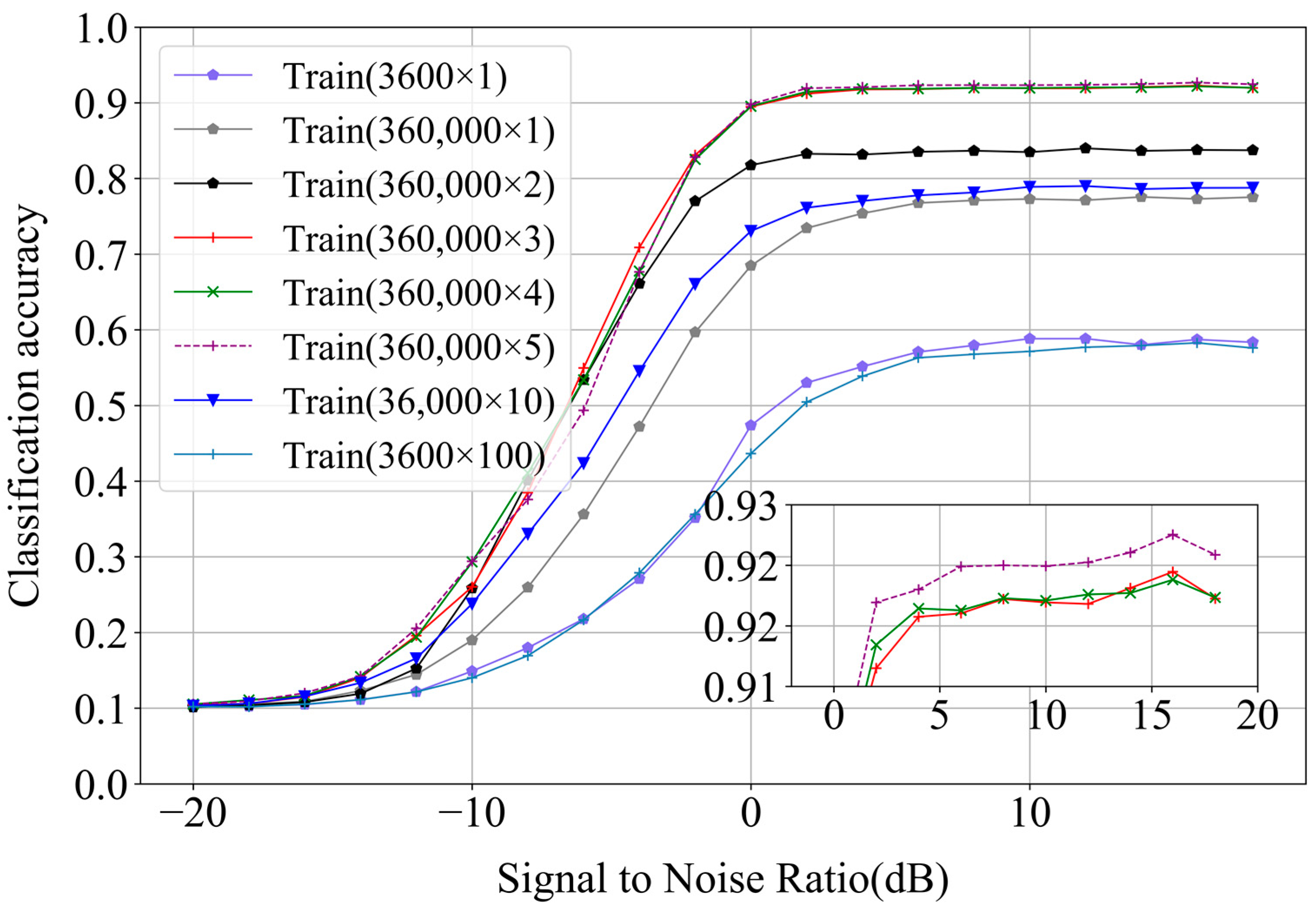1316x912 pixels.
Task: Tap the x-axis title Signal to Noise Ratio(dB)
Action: point(723,878)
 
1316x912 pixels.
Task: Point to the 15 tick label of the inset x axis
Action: point(1151,715)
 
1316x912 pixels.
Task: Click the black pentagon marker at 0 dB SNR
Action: point(751,165)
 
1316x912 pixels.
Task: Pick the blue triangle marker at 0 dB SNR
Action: point(751,231)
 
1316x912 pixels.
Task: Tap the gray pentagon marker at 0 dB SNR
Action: point(751,266)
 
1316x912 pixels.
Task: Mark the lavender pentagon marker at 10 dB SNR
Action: point(1030,339)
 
